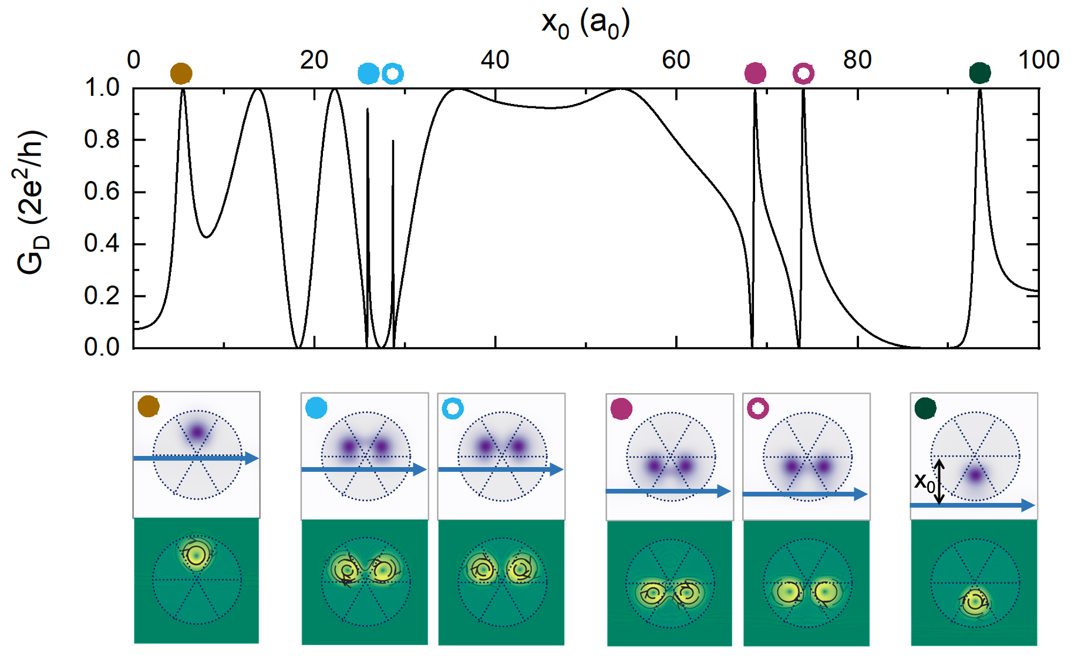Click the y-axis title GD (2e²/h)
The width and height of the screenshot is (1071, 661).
pos(31,203)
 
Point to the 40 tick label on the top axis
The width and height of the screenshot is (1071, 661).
pos(494,60)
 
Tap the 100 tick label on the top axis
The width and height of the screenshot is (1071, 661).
pos(1038,60)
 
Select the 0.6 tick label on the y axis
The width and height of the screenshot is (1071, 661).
pos(102,192)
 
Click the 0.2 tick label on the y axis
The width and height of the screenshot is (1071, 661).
pos(102,296)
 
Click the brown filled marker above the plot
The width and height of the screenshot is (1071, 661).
pos(181,73)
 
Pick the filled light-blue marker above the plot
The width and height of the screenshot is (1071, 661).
pos(368,73)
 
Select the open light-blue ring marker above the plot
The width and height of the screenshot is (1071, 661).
pos(393,73)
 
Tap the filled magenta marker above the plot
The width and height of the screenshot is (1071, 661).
pos(755,73)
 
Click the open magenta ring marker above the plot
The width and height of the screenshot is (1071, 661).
pos(803,73)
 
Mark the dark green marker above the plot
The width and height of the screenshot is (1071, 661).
pos(979,73)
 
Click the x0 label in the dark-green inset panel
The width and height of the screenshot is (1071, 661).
pos(924,482)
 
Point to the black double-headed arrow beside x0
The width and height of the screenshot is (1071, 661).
pos(939,482)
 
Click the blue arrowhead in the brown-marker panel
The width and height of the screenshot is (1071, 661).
pos(252,458)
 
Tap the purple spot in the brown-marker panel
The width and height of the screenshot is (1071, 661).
pos(197,433)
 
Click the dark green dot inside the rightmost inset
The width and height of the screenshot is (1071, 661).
pos(925,408)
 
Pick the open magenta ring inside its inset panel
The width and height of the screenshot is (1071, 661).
pos(757,408)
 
